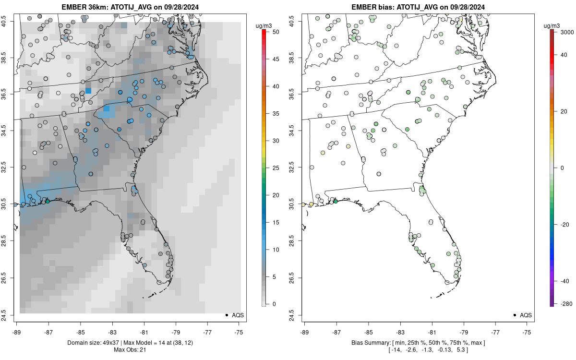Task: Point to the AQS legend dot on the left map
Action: click(x=226, y=315)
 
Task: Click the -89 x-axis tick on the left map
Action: click(x=17, y=331)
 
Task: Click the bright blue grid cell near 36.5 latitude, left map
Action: click(x=88, y=90)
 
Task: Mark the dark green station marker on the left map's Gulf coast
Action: click(x=47, y=201)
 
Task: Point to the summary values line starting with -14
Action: click(x=418, y=351)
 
